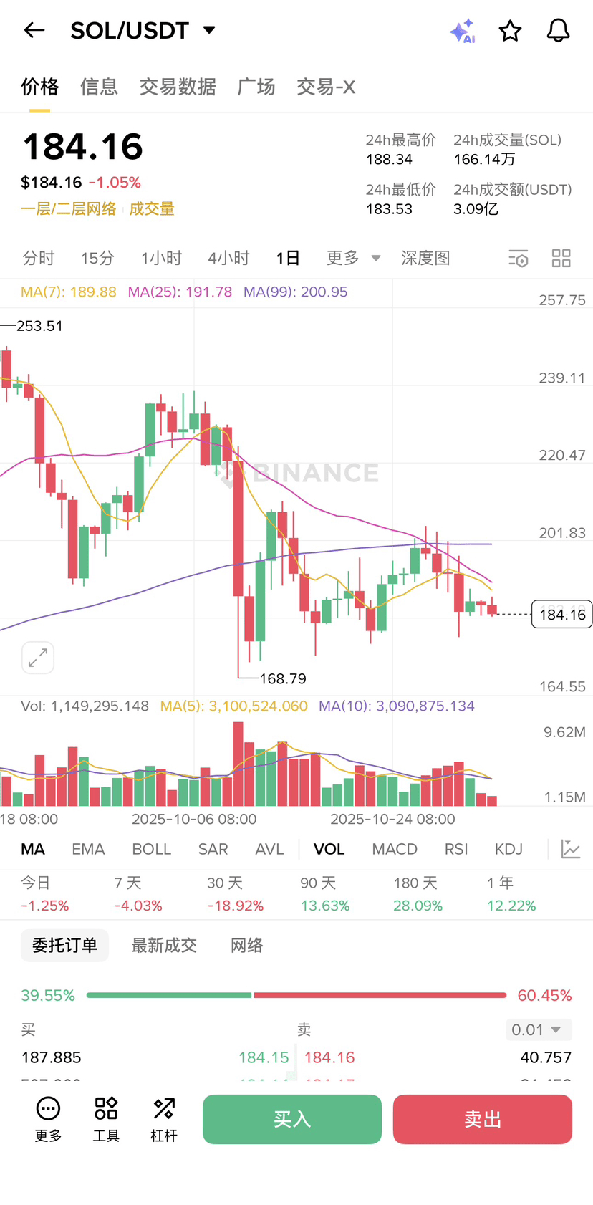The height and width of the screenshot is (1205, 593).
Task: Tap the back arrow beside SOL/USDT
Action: coord(34,30)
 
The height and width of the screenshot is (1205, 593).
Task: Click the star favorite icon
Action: coord(510,31)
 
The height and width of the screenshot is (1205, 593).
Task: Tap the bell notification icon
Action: coord(558,30)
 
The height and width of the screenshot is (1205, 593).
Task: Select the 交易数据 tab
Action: coord(178,87)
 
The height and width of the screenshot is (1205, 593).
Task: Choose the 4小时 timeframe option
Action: coord(228,258)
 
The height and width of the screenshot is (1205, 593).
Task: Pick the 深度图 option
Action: coord(425,258)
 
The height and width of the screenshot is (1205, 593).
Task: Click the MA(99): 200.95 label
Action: coord(295,292)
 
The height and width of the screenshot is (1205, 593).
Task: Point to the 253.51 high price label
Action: coord(39,326)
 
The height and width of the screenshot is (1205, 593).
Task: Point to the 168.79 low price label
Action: coord(283,678)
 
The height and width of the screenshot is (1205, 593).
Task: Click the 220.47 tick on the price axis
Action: coord(562,455)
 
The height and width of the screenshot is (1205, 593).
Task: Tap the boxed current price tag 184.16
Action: coord(562,615)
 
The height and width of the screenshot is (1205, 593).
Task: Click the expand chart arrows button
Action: coord(38,658)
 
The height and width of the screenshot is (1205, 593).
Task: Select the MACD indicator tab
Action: coord(395,849)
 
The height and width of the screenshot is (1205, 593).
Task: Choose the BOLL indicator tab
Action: coord(151,849)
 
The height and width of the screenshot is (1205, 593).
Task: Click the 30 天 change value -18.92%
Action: coord(235,906)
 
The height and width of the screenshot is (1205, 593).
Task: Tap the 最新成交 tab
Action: coord(164,946)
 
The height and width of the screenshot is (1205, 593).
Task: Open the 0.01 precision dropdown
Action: coord(538,1029)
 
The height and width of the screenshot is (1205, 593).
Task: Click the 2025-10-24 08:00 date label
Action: coord(392,819)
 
